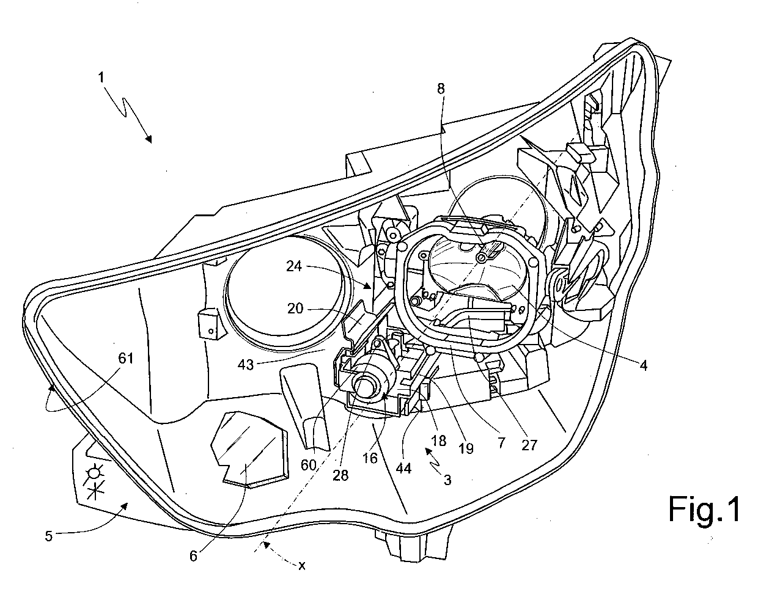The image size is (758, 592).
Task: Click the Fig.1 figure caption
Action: tap(704, 510)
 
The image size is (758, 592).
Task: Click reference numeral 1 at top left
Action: tap(101, 77)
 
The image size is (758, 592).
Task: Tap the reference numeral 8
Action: tap(441, 89)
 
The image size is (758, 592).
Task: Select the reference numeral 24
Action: tap(293, 266)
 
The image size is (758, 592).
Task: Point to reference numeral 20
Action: tap(295, 308)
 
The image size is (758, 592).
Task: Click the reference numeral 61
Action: tap(126, 359)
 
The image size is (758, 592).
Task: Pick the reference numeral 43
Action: tap(246, 365)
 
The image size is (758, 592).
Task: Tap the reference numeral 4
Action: tap(643, 365)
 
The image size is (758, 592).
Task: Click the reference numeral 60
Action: tap(308, 465)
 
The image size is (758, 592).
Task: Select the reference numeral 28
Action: tap(340, 475)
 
